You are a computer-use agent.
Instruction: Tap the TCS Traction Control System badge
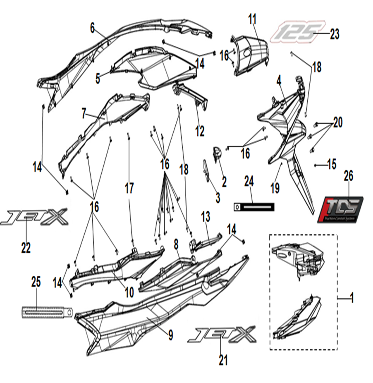pos(340,210)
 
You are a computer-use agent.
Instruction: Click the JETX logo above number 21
pos(221,334)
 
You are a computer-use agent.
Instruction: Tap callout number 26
pos(349,176)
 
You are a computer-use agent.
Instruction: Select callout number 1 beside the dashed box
pos(352,298)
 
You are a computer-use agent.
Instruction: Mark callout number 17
pos(129,189)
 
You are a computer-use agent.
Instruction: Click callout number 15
pos(332,165)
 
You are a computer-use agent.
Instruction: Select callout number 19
pos(275,188)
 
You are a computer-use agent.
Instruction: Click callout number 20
pos(338,123)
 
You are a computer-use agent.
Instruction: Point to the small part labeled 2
pos(217,153)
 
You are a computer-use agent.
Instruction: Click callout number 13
pos(206,216)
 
